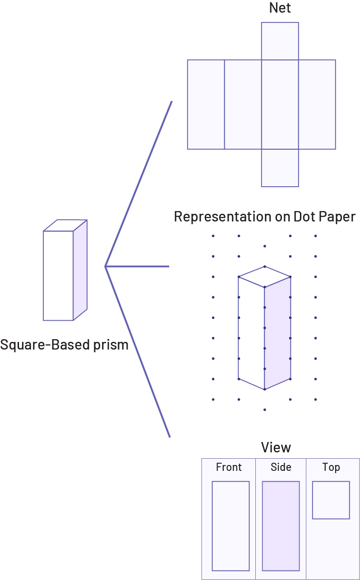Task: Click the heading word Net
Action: [280, 8]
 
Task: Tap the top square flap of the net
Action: [280, 41]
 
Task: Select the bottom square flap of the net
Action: [280, 168]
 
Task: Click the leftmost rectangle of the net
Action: [206, 104]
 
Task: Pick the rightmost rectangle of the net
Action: [317, 104]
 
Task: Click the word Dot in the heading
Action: [305, 217]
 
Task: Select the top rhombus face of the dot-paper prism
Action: [264, 276]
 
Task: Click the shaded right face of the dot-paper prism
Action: [277, 334]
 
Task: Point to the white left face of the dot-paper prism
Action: [251, 334]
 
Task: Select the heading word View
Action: [276, 447]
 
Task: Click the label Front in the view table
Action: [229, 467]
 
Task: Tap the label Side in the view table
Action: [281, 467]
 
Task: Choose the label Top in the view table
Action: [331, 467]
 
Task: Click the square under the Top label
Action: [331, 500]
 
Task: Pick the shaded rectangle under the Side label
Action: [281, 526]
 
